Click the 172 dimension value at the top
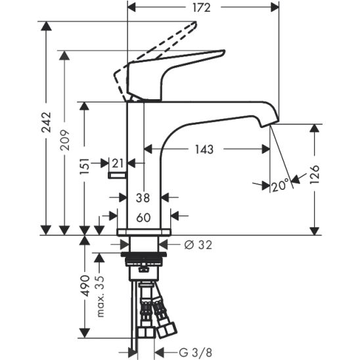tap(202, 8)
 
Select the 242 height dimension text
tap(46, 122)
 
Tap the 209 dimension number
tap(64, 140)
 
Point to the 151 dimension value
tap(84, 166)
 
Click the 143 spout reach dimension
tap(204, 149)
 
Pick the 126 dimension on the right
tap(315, 174)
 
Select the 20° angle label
tap(281, 185)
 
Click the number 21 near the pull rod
tap(118, 163)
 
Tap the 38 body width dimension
tap(143, 198)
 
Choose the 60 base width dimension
tap(143, 217)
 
